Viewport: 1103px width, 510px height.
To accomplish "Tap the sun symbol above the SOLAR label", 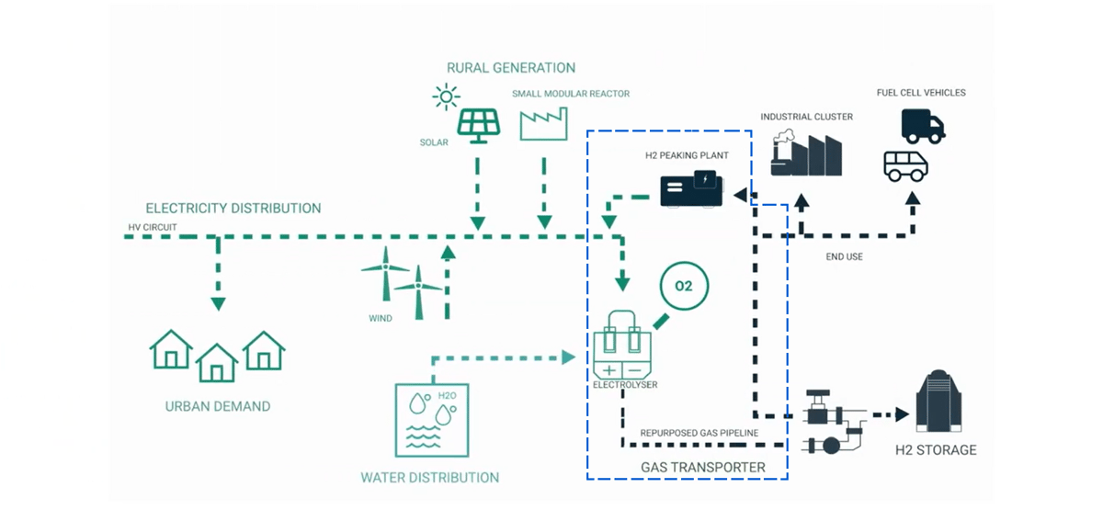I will click(447, 96).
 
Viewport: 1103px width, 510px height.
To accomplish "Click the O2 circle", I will click(683, 287).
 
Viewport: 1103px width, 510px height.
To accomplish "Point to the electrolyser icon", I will click(621, 348).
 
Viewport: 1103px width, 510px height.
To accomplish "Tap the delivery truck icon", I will click(923, 126).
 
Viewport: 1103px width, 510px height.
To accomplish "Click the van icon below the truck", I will click(905, 166).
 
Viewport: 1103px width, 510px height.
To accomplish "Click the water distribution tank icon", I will click(431, 420).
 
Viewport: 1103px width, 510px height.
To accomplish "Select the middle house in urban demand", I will click(217, 361).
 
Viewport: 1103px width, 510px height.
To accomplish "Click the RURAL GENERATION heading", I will click(510, 68).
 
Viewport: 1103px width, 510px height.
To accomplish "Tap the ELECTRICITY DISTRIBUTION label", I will click(233, 209).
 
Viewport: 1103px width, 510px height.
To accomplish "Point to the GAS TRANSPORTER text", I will click(702, 468).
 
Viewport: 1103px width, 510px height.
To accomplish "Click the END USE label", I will click(844, 257).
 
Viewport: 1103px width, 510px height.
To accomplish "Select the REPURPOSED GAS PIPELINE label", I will click(699, 432).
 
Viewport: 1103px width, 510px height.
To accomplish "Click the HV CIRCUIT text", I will click(153, 227).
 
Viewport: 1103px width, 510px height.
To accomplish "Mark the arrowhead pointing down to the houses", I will click(218, 303).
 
